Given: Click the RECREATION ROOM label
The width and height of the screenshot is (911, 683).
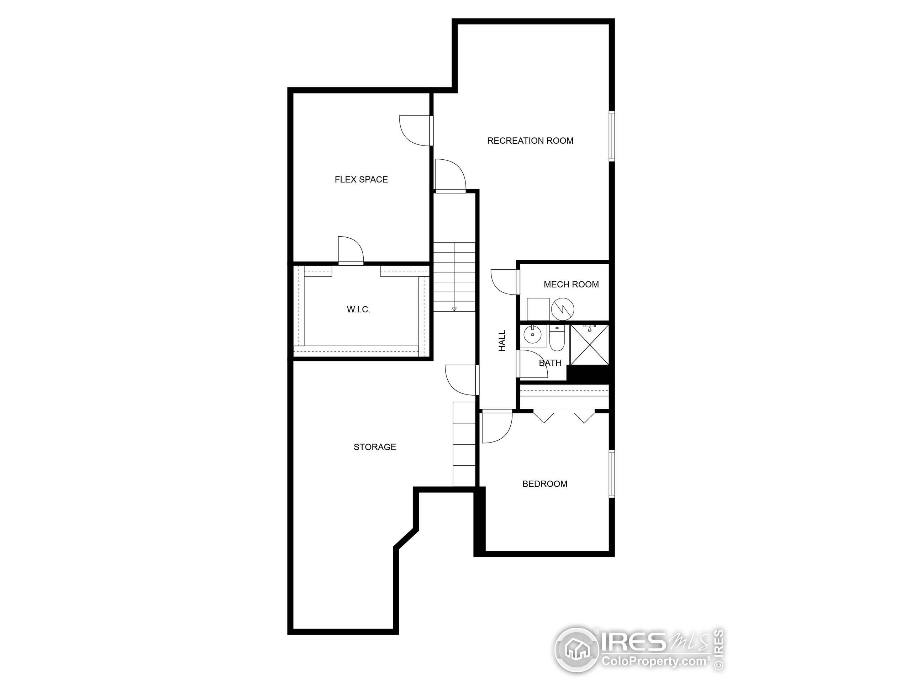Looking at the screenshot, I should click(530, 141).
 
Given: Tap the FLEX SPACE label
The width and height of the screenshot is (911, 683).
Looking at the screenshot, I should click(361, 180).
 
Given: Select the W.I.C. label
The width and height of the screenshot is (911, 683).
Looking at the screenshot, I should click(358, 309).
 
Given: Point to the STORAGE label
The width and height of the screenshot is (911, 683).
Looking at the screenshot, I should click(375, 447).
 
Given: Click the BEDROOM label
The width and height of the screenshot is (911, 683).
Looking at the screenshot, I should click(544, 484).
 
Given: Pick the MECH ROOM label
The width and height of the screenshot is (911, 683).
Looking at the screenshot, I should click(571, 285).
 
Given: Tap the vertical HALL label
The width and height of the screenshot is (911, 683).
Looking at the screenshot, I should click(502, 341).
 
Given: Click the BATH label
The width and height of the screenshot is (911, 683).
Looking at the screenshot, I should click(550, 363).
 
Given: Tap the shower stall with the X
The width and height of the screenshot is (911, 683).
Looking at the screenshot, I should click(589, 345).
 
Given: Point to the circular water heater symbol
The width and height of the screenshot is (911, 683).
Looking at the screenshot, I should click(563, 309).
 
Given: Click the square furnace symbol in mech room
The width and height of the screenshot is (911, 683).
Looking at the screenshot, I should click(538, 309).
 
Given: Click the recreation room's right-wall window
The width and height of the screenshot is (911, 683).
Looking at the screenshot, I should click(612, 136).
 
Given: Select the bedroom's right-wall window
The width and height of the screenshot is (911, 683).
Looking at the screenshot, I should click(612, 474).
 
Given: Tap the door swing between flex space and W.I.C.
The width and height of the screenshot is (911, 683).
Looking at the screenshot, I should click(350, 250).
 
